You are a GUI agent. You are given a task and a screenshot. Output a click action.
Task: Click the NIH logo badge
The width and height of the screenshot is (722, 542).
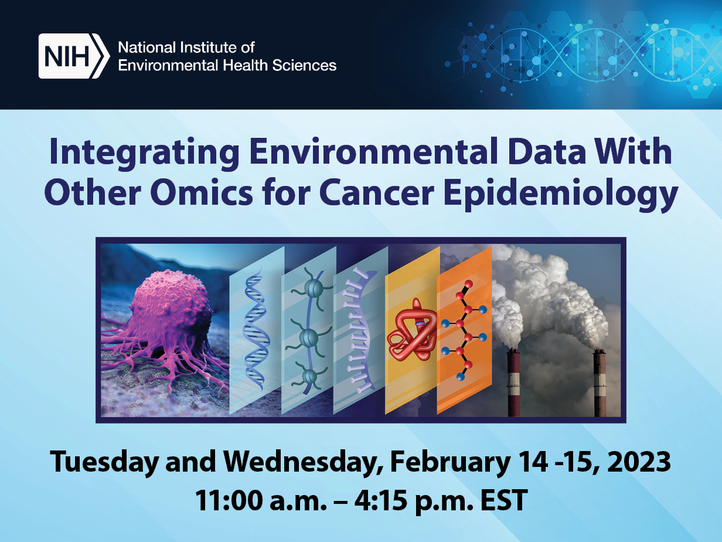point(74,56)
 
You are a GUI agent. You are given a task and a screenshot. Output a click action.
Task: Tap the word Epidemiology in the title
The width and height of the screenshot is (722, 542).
point(560,194)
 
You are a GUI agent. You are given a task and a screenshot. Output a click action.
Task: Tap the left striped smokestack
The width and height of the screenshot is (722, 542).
point(514,382)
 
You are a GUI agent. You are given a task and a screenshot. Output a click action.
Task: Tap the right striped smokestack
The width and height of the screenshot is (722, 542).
point(600,383)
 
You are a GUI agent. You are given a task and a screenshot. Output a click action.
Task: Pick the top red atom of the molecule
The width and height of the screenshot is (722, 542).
point(469,284)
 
